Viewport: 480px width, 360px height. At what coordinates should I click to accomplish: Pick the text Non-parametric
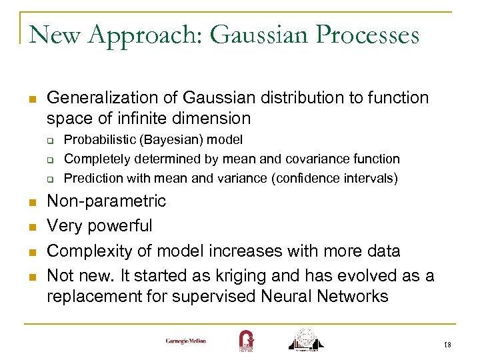point(107,201)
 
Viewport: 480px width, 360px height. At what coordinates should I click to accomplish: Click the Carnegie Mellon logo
point(186,341)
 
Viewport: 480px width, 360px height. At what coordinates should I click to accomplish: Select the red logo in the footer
point(246,339)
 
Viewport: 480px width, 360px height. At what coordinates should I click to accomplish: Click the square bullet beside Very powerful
point(32,227)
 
